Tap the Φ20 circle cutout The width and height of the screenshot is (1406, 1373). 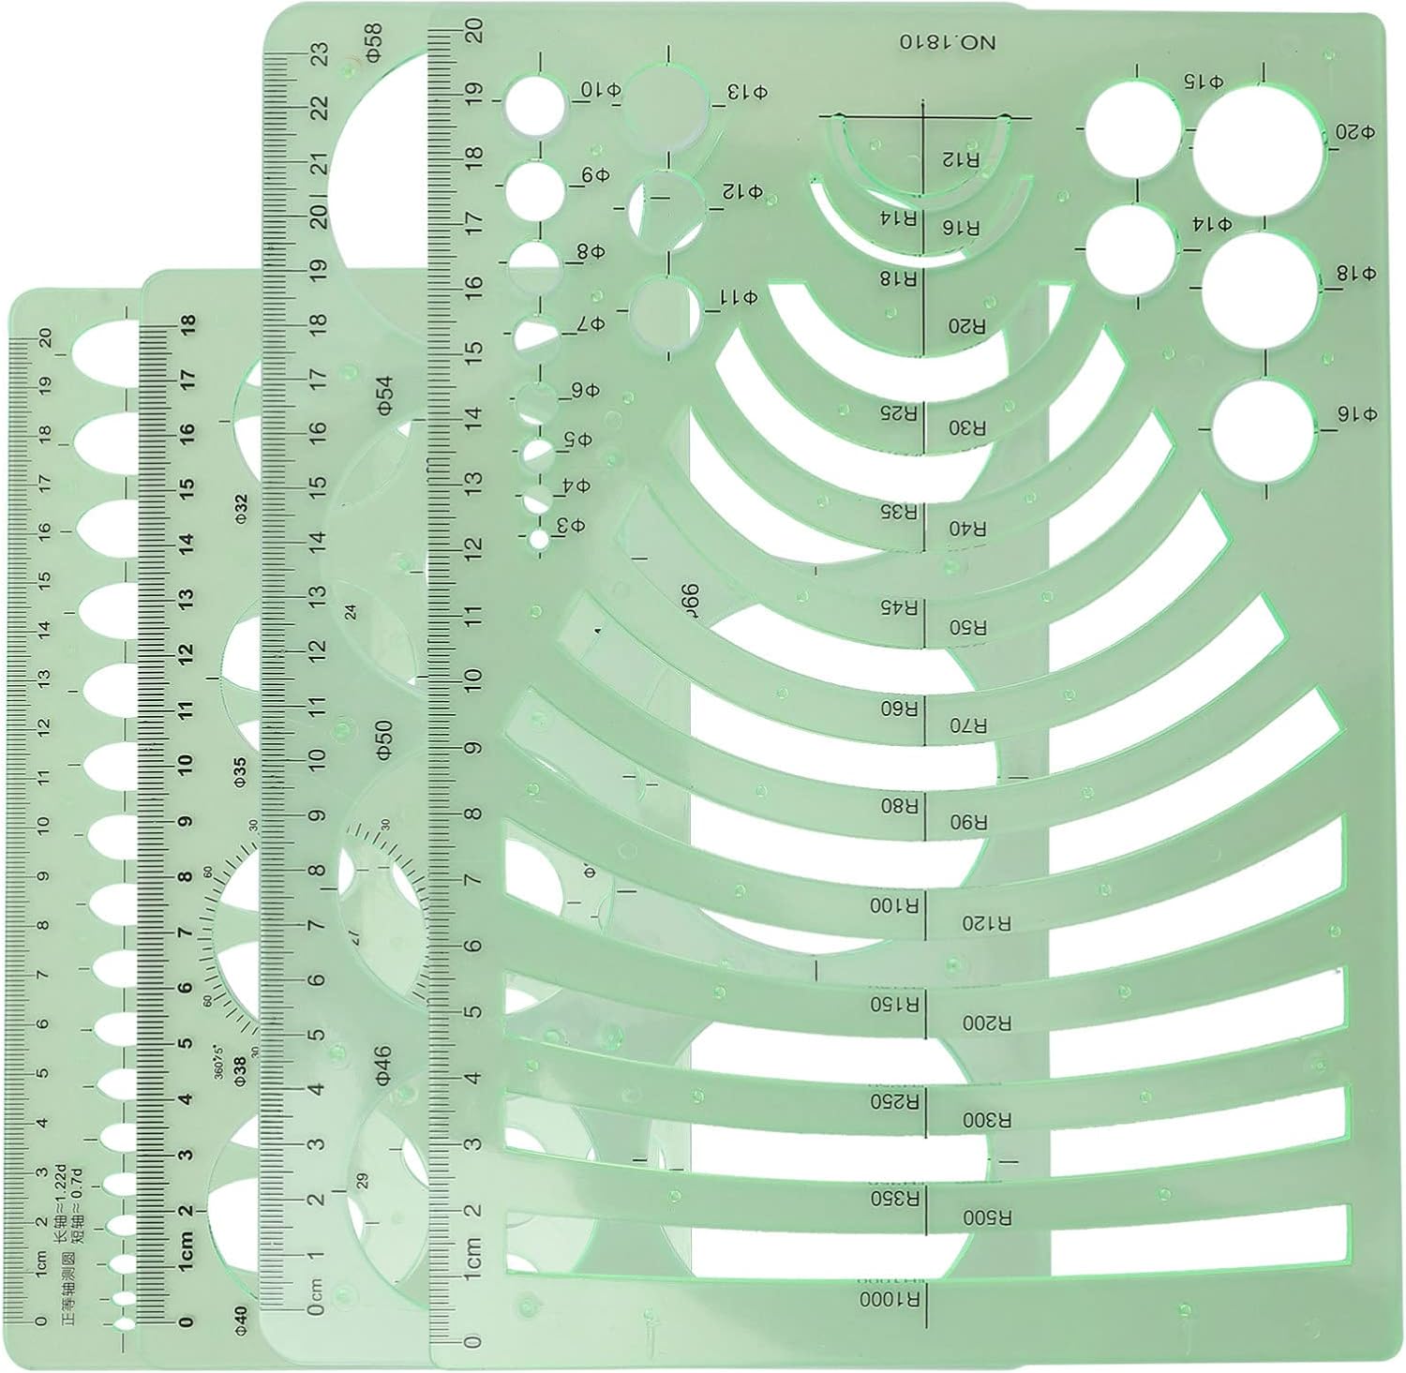click(1257, 146)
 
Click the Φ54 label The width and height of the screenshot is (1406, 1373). click(383, 396)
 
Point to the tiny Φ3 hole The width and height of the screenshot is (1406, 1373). click(538, 539)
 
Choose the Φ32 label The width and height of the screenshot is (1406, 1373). click(241, 506)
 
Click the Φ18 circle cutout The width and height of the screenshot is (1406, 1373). click(1262, 287)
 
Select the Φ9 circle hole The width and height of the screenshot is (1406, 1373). click(537, 189)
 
